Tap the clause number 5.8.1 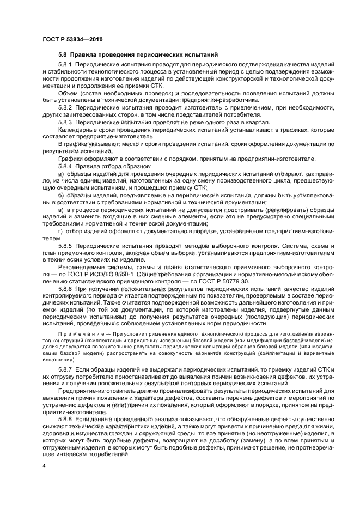66,64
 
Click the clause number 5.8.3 66,122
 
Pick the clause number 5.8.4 66,165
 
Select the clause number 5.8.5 66,245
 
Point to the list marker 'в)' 61,209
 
